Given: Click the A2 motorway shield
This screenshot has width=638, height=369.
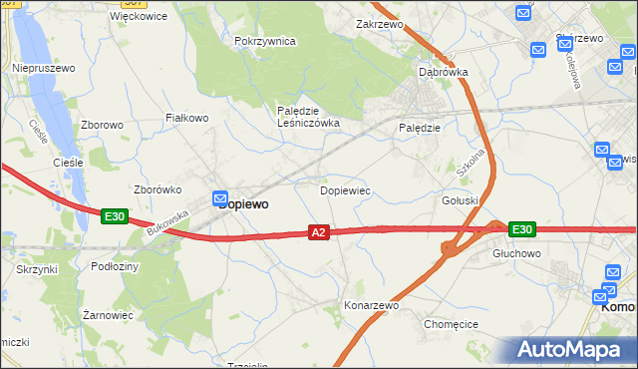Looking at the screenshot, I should tap(318, 232).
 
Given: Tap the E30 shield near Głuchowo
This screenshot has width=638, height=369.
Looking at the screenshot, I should tap(521, 229).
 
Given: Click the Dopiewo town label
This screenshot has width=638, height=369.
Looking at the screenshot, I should tap(242, 203).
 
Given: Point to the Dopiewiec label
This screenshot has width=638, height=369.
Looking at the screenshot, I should tap(345, 189).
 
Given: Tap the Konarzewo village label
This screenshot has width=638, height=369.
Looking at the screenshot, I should tap(371, 306).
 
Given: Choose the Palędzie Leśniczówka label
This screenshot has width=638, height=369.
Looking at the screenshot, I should tap(308, 117).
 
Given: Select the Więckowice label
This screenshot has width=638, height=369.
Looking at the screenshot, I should tap(140, 17).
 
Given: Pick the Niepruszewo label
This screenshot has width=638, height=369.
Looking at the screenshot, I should tap(44, 68).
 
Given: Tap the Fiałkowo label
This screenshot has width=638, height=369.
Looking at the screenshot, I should tap(185, 118).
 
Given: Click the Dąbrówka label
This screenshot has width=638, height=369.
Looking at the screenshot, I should tap(444, 72).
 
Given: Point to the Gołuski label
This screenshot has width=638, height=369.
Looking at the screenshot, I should tap(461, 200).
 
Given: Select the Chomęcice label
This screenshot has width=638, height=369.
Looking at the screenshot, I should tap(453, 324).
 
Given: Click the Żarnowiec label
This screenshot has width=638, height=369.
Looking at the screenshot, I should tap(108, 315).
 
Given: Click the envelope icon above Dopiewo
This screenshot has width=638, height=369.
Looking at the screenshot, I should tap(220, 199).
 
